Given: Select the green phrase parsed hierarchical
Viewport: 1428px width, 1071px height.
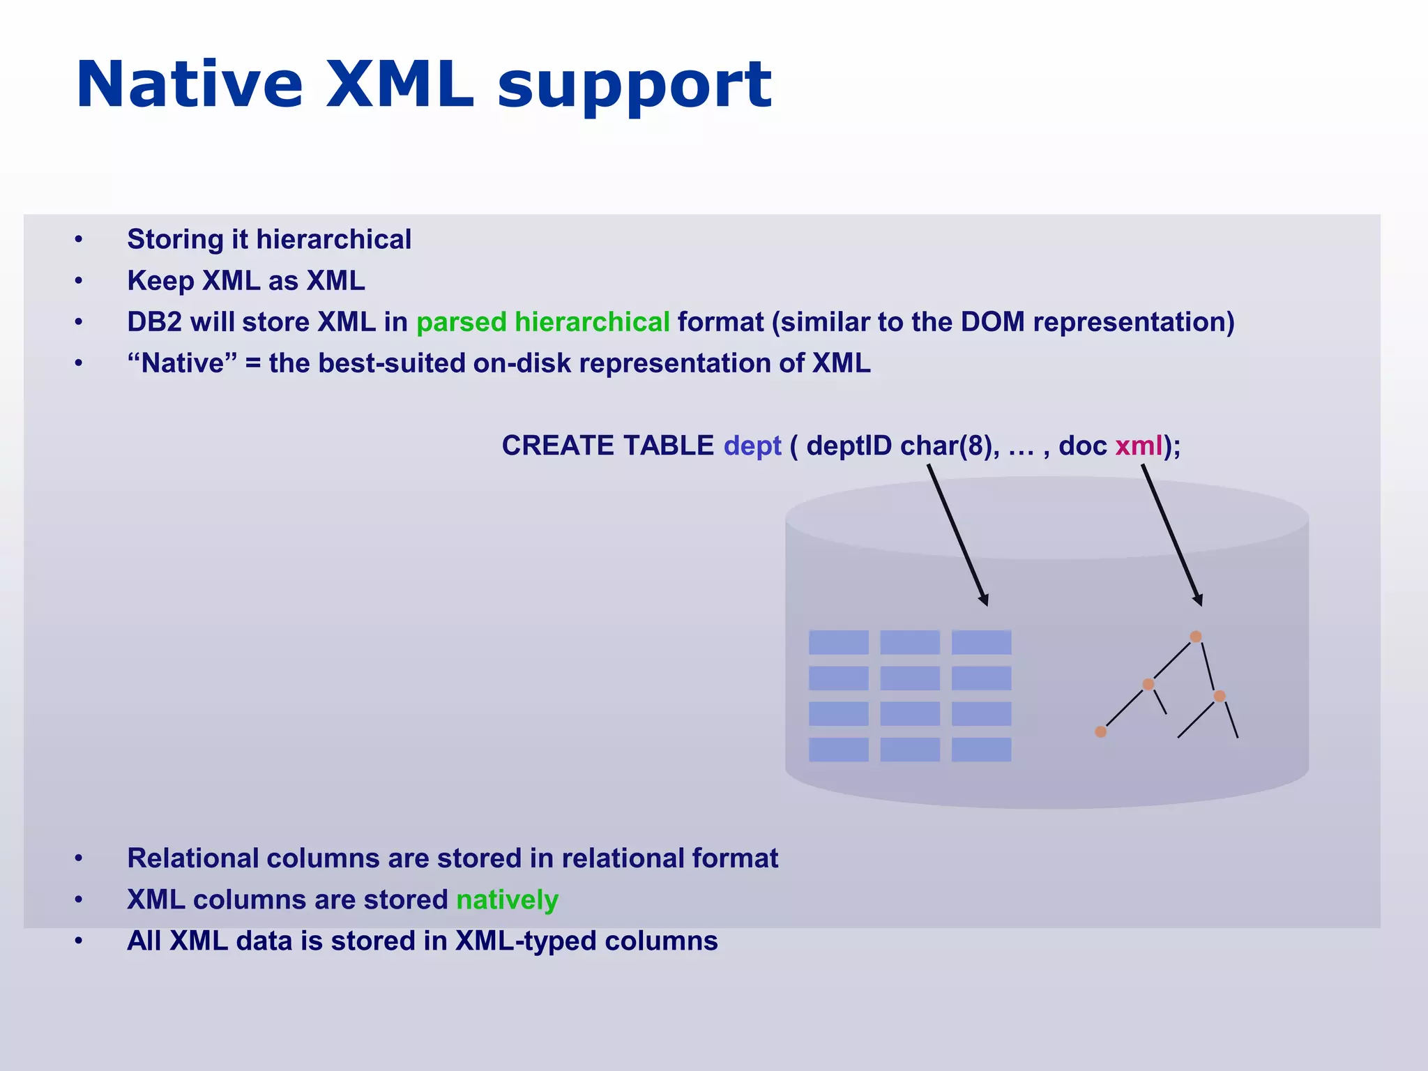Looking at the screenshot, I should [542, 322].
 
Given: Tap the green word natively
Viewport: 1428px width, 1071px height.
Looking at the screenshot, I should [507, 899].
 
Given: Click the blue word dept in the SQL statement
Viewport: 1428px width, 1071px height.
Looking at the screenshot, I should [752, 446].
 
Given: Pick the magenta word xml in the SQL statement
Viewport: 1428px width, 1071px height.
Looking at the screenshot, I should [1139, 446].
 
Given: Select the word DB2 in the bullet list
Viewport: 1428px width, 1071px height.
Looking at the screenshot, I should [154, 322].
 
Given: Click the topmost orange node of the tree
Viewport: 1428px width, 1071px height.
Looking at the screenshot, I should [1196, 637].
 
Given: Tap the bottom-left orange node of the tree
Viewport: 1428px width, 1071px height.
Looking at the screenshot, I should [1100, 731].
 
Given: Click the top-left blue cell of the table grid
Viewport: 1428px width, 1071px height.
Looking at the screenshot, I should [838, 642].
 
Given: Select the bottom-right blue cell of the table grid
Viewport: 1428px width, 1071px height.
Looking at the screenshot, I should [981, 750].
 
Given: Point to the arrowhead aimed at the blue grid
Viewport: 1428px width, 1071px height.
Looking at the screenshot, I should [984, 600].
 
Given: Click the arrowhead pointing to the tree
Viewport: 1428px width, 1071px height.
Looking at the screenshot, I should [1198, 600].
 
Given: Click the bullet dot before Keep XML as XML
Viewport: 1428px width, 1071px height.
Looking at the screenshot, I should [79, 281].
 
